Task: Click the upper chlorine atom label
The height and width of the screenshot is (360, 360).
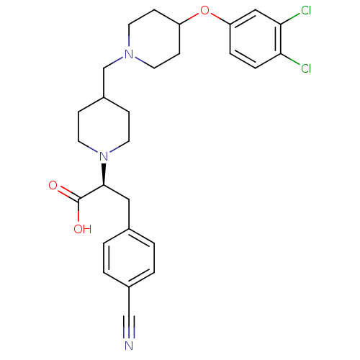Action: [306, 10]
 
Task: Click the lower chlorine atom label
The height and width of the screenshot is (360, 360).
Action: [306, 68]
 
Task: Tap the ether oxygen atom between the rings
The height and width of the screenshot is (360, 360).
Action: [204, 10]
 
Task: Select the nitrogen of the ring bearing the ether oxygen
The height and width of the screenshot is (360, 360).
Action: [129, 54]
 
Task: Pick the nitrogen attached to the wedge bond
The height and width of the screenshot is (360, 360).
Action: [104, 156]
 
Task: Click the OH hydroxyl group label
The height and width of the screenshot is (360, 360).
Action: [83, 229]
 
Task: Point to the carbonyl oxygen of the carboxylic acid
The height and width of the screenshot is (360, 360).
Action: [53, 185]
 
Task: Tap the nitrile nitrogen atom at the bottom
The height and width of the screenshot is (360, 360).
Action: [129, 346]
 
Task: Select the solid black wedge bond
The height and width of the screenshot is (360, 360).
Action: [104, 174]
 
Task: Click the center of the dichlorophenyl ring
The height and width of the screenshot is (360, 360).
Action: [256, 39]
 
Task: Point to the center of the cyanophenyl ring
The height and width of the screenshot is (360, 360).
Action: [129, 258]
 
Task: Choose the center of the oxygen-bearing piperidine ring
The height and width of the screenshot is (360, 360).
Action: [154, 39]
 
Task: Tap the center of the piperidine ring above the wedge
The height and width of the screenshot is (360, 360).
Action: [104, 127]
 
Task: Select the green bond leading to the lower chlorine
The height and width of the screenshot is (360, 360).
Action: [290, 59]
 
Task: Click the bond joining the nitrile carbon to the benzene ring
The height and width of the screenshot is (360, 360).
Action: [129, 301]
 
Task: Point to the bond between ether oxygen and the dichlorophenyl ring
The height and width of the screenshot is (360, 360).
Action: [220, 19]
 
